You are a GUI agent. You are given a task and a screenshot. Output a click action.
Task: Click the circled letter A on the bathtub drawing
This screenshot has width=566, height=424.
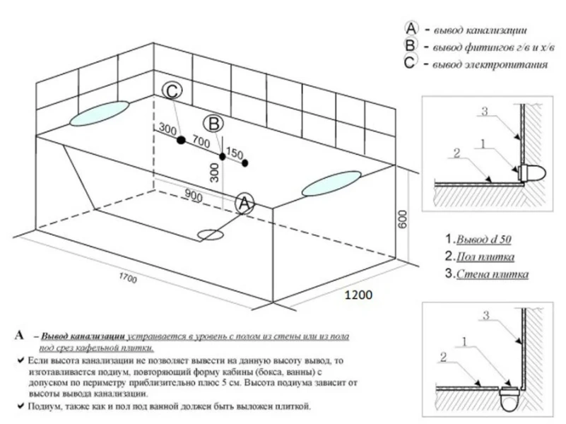244,204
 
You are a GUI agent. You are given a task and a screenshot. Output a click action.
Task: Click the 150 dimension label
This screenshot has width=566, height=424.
235,154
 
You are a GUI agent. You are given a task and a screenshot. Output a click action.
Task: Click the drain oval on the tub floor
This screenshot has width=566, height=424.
211,233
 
